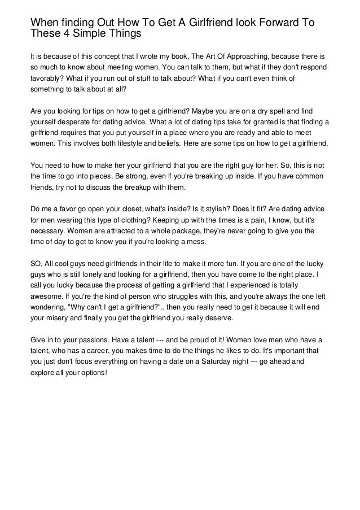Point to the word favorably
(46, 80)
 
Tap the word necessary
(49, 230)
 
